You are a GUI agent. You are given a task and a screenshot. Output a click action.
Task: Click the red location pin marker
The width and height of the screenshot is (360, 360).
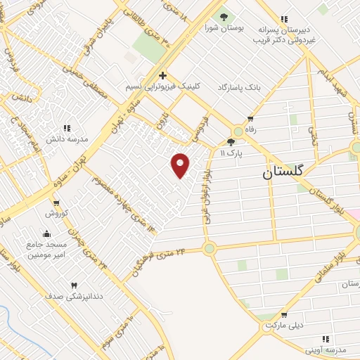(181, 165)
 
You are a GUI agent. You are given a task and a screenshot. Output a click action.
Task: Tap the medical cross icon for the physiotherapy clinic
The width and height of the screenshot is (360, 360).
(162, 75)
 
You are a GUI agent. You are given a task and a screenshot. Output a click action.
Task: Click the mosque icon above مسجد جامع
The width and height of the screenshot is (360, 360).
(47, 234)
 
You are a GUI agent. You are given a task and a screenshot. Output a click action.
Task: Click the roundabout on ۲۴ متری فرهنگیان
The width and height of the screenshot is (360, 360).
(209, 248)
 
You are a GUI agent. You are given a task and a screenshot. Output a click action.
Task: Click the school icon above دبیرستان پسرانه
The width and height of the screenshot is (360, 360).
(283, 18)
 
